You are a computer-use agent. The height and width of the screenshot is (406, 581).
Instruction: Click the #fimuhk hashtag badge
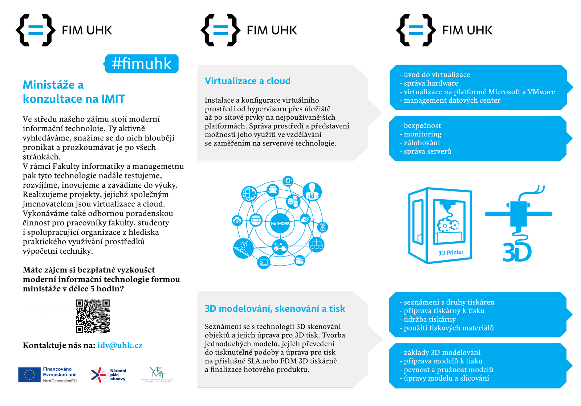click(x=141, y=64)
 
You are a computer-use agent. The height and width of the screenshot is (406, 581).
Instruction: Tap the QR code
click(x=93, y=316)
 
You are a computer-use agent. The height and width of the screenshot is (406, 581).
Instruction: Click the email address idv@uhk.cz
click(x=120, y=345)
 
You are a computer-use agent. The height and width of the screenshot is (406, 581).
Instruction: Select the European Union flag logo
click(x=29, y=375)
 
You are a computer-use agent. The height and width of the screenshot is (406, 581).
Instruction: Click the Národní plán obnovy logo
click(x=108, y=375)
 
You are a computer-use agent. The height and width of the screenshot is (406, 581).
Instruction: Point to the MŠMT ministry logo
click(x=157, y=375)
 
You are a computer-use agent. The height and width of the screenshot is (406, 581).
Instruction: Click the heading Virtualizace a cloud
click(x=247, y=81)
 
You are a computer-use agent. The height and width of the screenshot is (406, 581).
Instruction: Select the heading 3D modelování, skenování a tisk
click(x=275, y=308)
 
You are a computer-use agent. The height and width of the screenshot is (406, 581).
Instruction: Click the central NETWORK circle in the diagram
click(x=280, y=223)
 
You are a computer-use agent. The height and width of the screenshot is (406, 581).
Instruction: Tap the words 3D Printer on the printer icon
click(x=451, y=253)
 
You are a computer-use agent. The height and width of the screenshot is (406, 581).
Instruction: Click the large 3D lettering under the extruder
click(x=517, y=252)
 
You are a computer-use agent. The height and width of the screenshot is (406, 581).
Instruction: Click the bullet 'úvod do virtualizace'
click(x=435, y=75)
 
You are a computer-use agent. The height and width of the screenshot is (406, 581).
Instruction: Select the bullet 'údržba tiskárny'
click(x=428, y=319)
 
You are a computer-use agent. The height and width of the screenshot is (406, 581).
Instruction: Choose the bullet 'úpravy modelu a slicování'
click(x=444, y=378)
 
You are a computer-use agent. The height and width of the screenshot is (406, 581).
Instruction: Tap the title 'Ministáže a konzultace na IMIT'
click(x=74, y=92)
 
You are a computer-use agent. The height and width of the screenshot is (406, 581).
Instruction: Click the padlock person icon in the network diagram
click(x=312, y=192)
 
